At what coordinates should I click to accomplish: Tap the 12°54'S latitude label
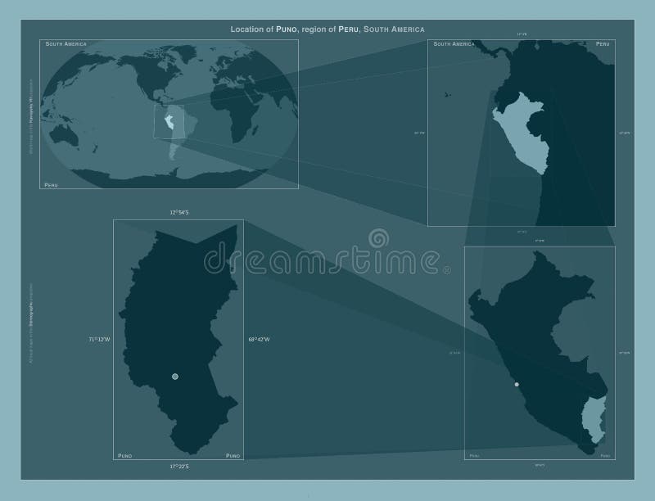pyautogui.click(x=178, y=213)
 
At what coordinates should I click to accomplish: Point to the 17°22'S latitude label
pyautogui.click(x=178, y=467)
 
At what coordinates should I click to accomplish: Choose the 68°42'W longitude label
pyautogui.click(x=259, y=339)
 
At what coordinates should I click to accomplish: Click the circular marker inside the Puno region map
pyautogui.click(x=174, y=377)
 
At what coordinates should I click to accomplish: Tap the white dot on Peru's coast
pyautogui.click(x=517, y=384)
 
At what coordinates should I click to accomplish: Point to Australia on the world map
pyautogui.click(x=61, y=131)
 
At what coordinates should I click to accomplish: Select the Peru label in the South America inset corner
pyautogui.click(x=603, y=43)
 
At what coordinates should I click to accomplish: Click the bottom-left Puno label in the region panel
pyautogui.click(x=124, y=454)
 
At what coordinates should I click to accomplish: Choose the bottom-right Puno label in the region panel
pyautogui.click(x=233, y=454)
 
